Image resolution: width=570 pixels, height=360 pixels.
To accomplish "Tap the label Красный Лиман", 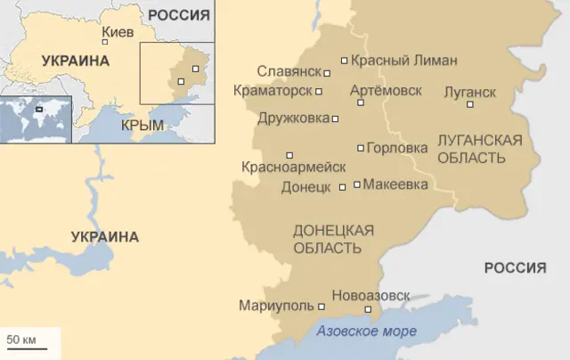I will point(403,61).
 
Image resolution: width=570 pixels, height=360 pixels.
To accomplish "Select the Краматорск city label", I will point(272,91).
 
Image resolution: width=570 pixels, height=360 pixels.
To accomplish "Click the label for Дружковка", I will point(291,118).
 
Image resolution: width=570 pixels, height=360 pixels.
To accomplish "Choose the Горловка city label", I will point(396,148).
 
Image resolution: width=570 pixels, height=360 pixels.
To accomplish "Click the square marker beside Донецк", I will point(342,188).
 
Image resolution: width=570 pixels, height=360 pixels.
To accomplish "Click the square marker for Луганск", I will point(470,104).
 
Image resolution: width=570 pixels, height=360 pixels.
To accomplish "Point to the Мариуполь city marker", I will point(322,306).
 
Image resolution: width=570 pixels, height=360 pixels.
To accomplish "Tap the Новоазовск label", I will point(370,295).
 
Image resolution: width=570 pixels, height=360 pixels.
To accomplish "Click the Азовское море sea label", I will point(366,331).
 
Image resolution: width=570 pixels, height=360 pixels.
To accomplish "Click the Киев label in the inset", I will point(118,33).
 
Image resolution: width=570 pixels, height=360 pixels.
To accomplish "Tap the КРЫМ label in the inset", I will point(142,125).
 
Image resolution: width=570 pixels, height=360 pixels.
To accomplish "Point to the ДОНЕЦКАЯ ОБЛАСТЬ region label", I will point(333,239).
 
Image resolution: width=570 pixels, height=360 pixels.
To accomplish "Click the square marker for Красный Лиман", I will point(344,61).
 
